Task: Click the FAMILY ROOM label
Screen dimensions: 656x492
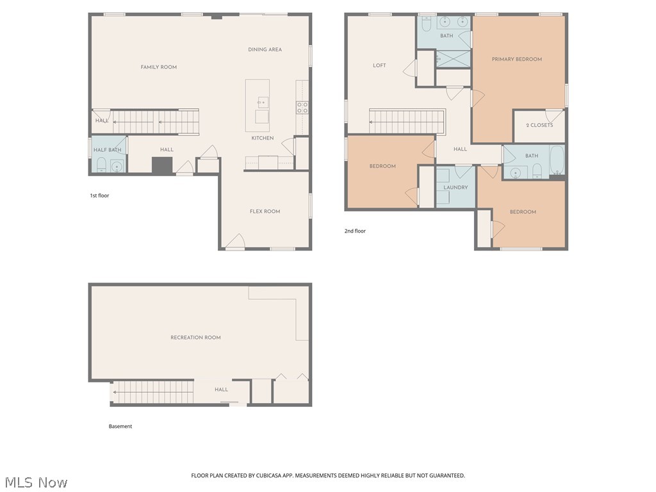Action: (x=159, y=67)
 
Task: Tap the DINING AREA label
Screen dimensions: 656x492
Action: (x=265, y=49)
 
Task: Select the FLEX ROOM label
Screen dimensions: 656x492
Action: (x=265, y=211)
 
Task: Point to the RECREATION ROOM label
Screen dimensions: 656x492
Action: (x=195, y=337)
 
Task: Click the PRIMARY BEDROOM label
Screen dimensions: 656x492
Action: (x=517, y=59)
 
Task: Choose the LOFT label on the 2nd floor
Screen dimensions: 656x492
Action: (x=379, y=65)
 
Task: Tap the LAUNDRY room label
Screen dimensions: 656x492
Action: (x=455, y=188)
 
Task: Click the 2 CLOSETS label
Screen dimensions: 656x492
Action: (x=539, y=125)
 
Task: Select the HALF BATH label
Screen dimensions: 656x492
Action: (x=108, y=150)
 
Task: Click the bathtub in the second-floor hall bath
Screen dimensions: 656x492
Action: (x=557, y=160)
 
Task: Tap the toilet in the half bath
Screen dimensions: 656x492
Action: (x=101, y=165)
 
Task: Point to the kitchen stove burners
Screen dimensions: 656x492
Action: (x=302, y=108)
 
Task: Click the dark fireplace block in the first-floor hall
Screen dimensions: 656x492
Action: (x=162, y=166)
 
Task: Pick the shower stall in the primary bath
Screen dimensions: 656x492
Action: (x=453, y=59)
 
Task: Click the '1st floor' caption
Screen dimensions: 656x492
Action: (x=99, y=195)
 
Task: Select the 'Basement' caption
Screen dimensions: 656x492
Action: (x=120, y=426)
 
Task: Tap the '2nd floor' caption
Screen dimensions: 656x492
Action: (x=355, y=231)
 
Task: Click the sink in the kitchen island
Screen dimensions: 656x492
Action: (x=263, y=102)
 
